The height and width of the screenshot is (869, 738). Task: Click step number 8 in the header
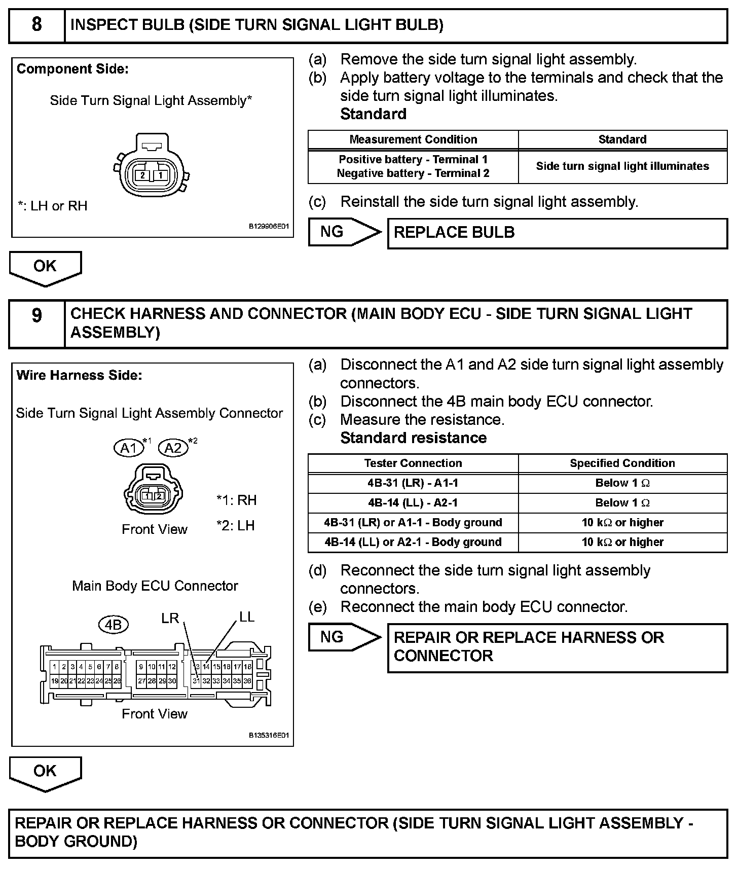36,24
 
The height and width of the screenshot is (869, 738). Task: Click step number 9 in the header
36,315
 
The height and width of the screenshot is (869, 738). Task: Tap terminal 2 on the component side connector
143,175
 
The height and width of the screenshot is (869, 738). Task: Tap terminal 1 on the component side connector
160,175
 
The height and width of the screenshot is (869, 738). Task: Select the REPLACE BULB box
557,233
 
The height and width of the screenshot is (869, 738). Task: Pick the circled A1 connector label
129,448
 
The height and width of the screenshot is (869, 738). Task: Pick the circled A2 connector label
173,448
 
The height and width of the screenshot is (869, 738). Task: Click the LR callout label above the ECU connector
170,619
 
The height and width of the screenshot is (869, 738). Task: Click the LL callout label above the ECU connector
246,617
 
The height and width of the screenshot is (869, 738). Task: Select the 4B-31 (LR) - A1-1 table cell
413,483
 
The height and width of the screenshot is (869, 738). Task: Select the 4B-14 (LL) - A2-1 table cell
413,503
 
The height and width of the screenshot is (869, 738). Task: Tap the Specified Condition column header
622,463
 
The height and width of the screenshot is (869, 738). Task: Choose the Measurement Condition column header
413,139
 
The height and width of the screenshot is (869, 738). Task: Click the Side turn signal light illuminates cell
622,166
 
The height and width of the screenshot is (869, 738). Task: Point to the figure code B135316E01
269,735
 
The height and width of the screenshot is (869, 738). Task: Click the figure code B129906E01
269,227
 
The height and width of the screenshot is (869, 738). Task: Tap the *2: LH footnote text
235,526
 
